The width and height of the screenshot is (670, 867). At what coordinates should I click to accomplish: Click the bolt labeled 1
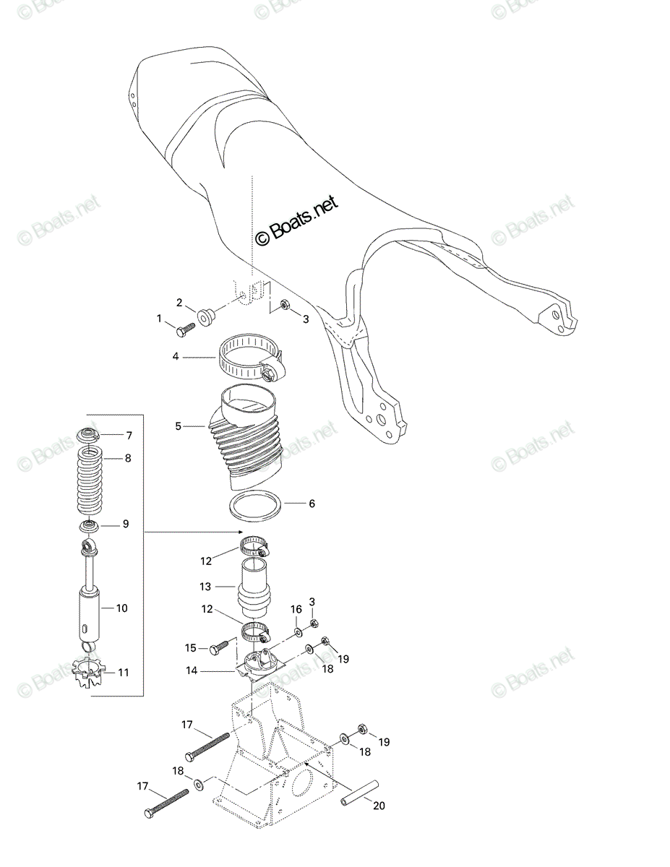click(185, 331)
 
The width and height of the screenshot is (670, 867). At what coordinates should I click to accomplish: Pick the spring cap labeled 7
click(87, 435)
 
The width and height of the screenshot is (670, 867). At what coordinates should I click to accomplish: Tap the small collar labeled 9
click(89, 525)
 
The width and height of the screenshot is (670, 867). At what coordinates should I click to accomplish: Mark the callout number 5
click(178, 426)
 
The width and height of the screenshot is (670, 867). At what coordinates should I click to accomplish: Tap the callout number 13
click(205, 587)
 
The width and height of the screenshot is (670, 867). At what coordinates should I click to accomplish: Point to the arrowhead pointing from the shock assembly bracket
click(240, 532)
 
